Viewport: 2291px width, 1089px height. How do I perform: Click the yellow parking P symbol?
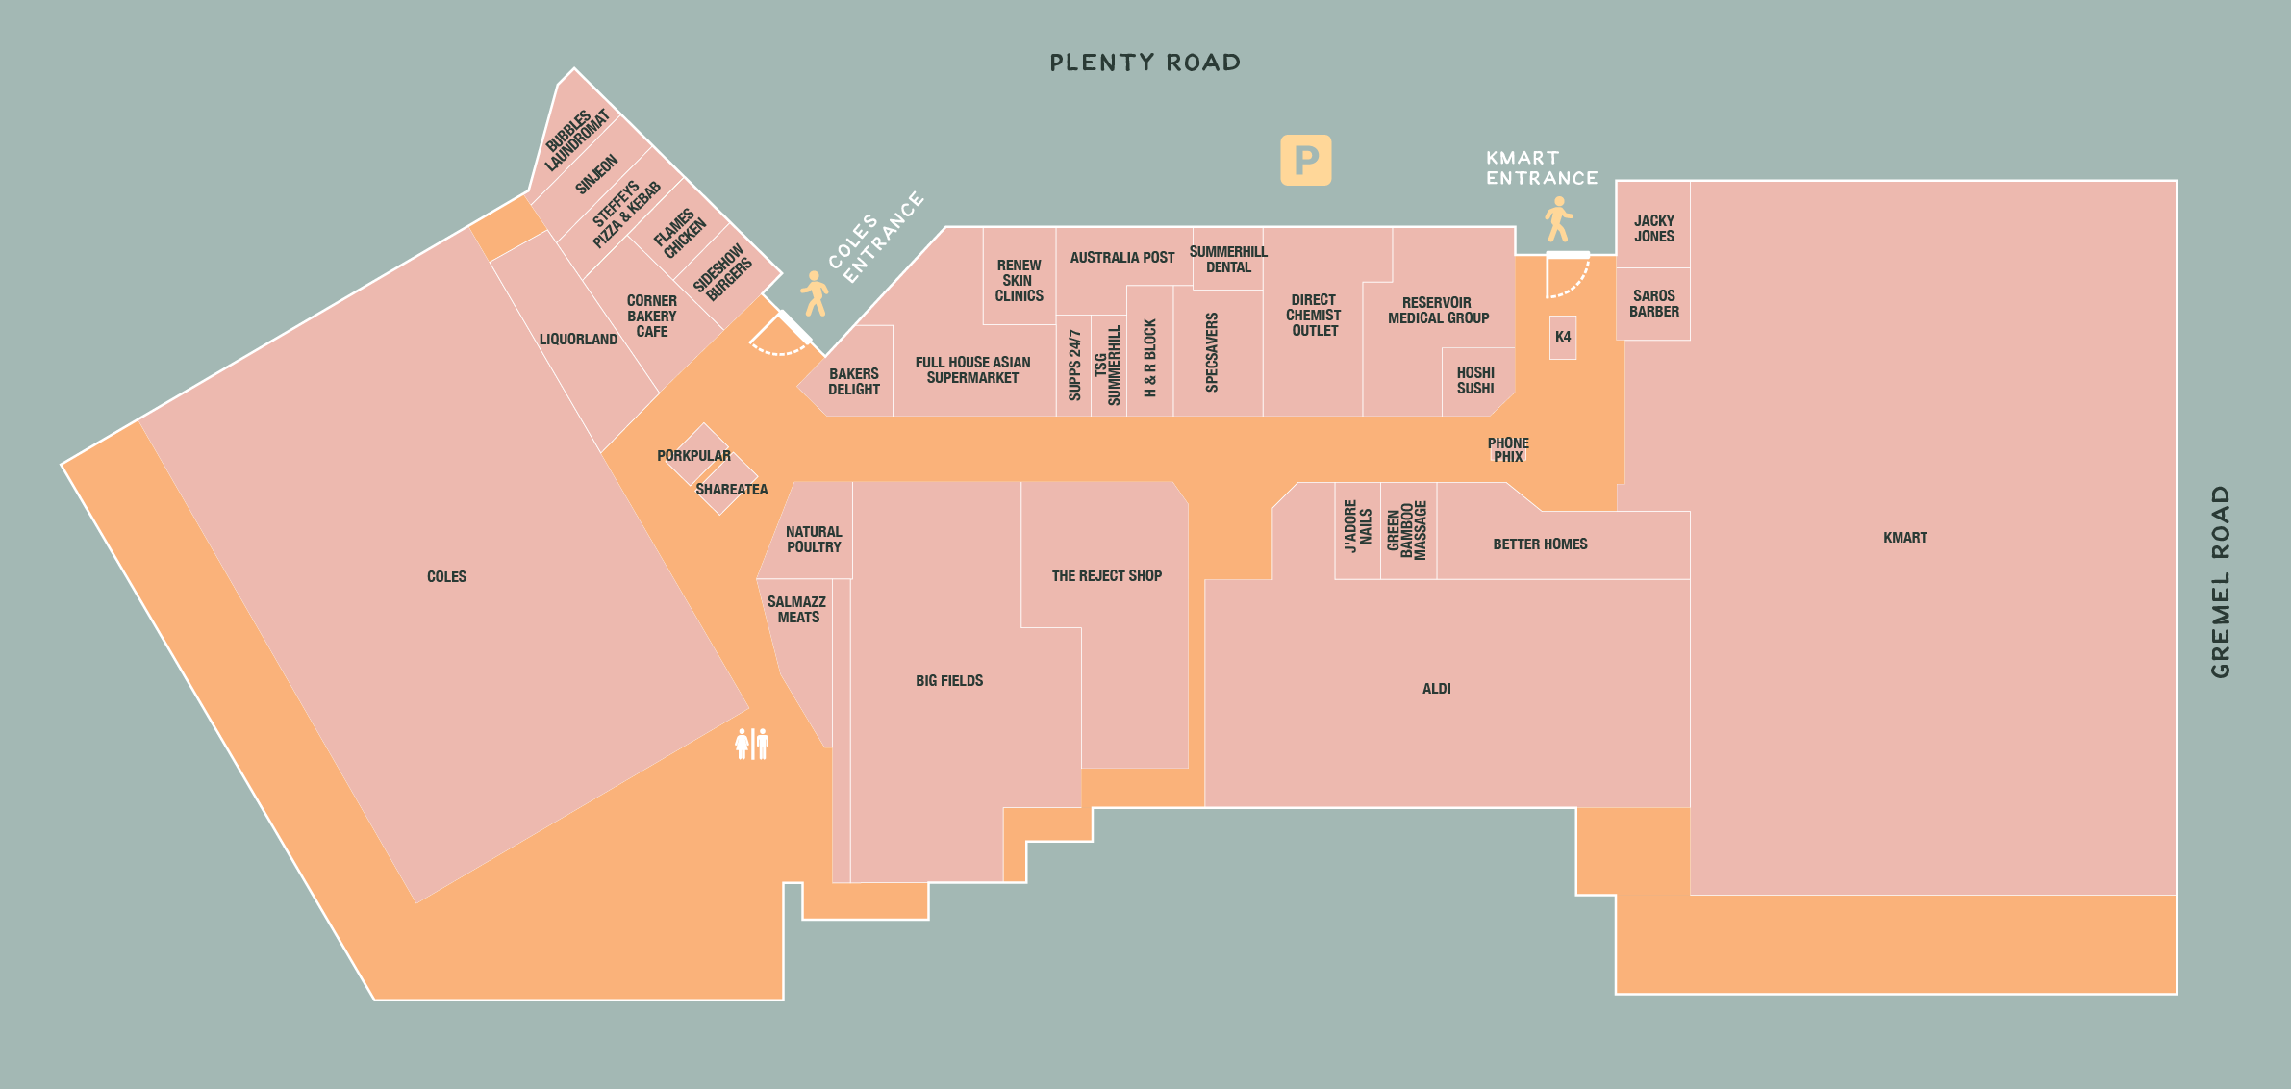coord(1305,160)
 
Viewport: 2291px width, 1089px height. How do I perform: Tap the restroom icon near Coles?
coord(752,744)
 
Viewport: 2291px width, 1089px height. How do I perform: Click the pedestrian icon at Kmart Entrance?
coord(1558,219)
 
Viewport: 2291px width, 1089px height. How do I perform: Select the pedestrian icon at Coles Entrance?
coord(815,293)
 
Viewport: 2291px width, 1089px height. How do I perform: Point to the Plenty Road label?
coord(1145,63)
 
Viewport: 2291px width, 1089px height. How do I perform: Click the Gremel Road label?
coord(2220,582)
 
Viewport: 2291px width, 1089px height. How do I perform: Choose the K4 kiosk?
coord(1563,337)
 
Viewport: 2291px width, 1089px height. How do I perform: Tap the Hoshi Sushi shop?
coord(1475,381)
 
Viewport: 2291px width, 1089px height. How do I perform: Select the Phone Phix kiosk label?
coord(1508,450)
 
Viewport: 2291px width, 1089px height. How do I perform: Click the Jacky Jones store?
coord(1653,228)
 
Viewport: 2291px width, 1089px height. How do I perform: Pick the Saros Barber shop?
coord(1653,303)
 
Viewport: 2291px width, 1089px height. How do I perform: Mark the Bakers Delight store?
coord(854,381)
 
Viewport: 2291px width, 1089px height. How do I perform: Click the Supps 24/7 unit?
coord(1074,366)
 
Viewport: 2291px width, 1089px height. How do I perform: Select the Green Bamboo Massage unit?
coord(1407,530)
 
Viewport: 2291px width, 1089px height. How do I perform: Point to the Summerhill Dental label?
coord(1228,260)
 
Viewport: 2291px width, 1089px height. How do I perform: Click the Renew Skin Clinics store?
coord(1019,280)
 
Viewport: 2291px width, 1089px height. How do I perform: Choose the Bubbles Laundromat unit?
coord(576,140)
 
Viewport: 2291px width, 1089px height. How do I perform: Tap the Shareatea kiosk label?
coord(731,490)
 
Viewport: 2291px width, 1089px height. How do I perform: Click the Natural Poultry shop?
coord(814,539)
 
